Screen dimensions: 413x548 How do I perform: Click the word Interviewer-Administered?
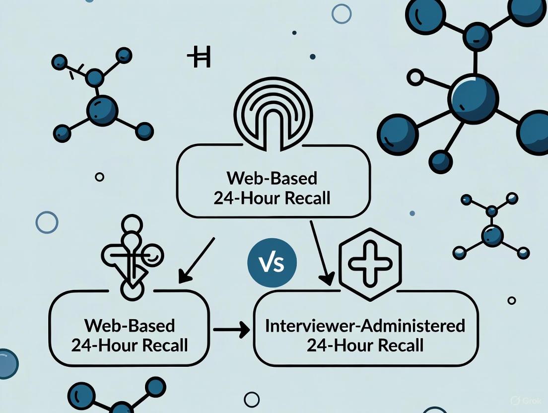tap(365, 326)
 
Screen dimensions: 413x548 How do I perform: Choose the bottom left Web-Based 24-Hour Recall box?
tap(130, 336)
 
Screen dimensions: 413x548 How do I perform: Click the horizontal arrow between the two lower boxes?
tap(231, 329)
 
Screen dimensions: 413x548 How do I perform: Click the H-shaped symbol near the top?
tap(199, 59)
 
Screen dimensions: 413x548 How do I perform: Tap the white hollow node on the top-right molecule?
tap(414, 77)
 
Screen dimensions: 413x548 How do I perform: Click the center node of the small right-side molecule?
tap(492, 233)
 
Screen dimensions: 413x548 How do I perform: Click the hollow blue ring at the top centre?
tap(342, 13)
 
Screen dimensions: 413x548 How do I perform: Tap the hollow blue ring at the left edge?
tap(47, 222)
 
